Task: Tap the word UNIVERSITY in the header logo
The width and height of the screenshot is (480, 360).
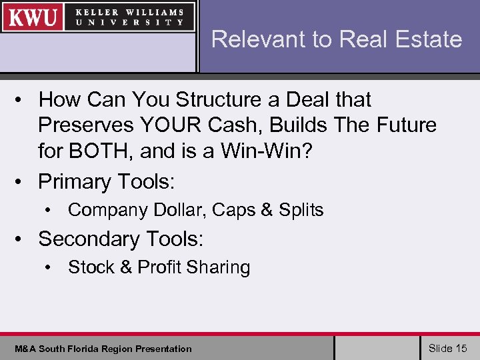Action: [x=130, y=22]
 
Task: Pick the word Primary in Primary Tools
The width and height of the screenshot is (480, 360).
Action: [x=75, y=181]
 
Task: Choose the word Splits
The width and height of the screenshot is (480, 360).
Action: [x=301, y=210]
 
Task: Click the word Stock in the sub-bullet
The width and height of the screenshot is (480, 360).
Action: [x=91, y=267]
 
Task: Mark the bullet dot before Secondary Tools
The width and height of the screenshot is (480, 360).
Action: [x=22, y=239]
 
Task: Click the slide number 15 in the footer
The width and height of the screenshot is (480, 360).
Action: [x=461, y=348]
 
